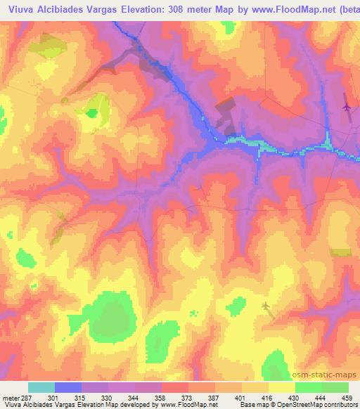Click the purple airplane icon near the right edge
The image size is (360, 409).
pos(346,107)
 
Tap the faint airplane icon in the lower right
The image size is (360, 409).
pos(266,305)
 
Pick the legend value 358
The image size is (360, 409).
pos(160,398)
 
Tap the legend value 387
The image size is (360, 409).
pos(213,398)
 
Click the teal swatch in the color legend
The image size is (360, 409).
pos(41,387)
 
